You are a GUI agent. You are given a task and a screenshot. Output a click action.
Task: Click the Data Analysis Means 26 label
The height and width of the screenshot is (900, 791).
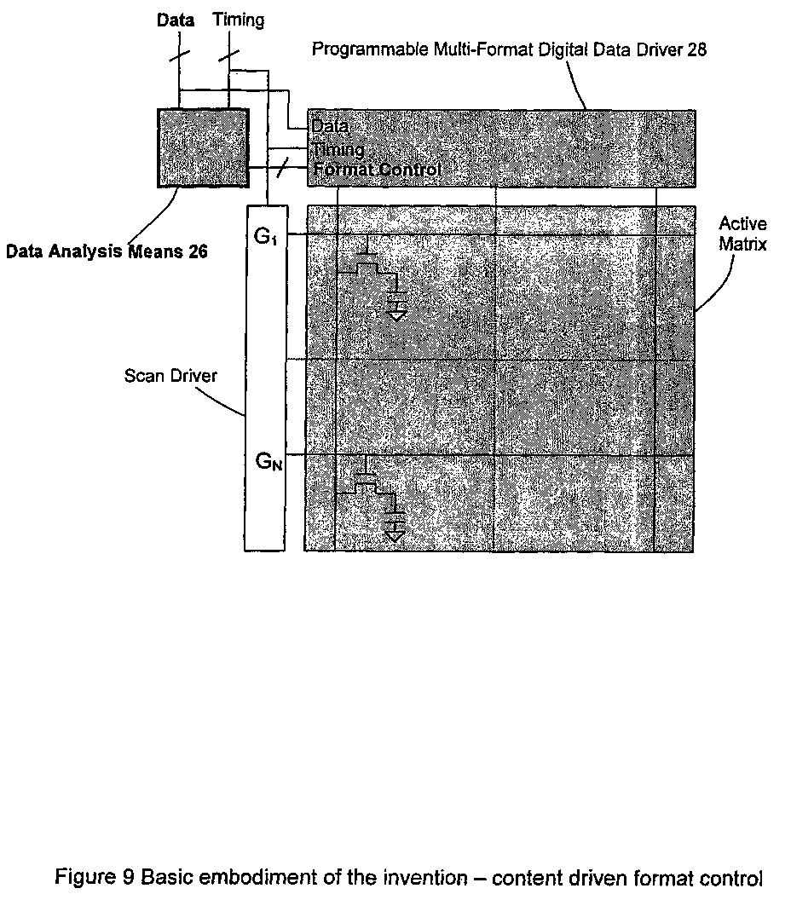pos(107,251)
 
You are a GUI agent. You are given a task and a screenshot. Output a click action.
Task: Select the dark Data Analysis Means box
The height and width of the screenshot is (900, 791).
pos(202,147)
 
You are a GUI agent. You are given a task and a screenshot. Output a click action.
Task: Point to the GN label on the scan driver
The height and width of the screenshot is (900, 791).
pos(268,462)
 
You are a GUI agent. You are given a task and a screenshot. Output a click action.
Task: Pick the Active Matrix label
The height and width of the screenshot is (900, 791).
pos(742,234)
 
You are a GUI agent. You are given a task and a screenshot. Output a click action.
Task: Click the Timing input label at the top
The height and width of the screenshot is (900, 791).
pos(238,20)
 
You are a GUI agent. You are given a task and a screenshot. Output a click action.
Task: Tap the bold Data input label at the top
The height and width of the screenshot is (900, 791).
pos(176,20)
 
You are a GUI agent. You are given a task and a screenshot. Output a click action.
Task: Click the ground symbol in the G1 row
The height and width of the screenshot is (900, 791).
pos(396,310)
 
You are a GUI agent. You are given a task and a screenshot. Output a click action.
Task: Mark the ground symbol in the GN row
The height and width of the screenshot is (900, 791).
pos(396,534)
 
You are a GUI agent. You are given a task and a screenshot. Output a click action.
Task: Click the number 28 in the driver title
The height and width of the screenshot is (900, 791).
pos(696,49)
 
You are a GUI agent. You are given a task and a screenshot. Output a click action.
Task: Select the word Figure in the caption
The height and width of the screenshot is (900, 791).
pos(80,877)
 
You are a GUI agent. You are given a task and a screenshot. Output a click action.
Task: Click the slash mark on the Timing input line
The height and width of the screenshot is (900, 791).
pos(228,55)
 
